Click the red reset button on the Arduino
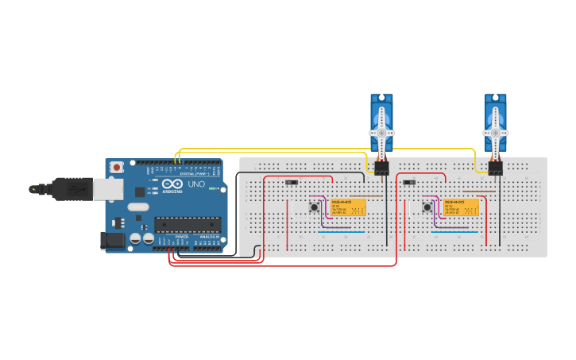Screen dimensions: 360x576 [x=118, y=167]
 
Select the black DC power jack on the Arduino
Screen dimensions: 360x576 [x=112, y=239]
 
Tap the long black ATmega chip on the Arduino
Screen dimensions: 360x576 [x=187, y=225]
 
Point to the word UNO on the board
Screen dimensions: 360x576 [x=196, y=184]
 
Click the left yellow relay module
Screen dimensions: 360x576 [x=348, y=207]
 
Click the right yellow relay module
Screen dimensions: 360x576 [x=462, y=207]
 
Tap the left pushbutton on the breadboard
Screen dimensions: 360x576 [x=314, y=207]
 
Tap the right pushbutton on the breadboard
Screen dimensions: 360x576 [x=427, y=207]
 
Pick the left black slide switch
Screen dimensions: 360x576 [x=292, y=182]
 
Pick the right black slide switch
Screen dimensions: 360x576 [x=410, y=182]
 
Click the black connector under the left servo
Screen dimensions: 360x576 [x=381, y=168]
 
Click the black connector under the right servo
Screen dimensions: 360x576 [x=496, y=168]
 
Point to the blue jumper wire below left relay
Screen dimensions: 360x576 [x=342, y=232]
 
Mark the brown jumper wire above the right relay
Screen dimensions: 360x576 [x=480, y=191]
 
